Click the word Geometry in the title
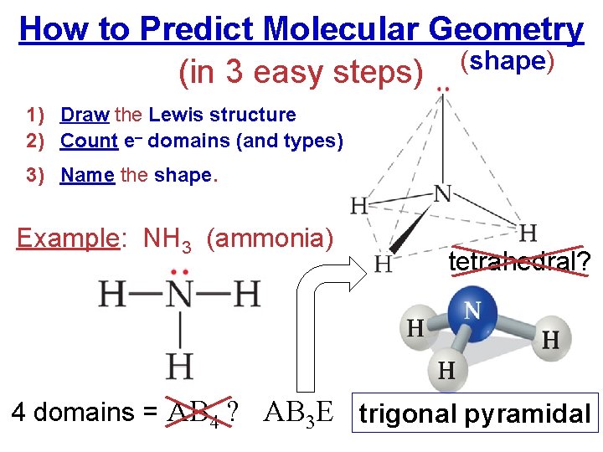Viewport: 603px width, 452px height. (x=505, y=30)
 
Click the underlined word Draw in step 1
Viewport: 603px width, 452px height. (x=84, y=116)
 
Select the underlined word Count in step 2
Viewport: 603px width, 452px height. (x=89, y=141)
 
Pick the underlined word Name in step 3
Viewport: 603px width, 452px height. (x=87, y=177)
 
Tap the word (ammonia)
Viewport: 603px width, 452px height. (x=270, y=239)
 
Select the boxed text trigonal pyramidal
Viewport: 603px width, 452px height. (x=475, y=413)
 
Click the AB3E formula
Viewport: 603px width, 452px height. (x=300, y=413)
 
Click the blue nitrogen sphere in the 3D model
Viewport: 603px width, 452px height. (x=472, y=315)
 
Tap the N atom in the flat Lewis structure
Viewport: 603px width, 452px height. (x=180, y=295)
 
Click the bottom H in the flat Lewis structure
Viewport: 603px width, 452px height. (x=180, y=366)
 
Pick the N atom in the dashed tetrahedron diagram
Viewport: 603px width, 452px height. (x=442, y=194)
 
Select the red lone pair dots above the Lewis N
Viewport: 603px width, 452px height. (x=179, y=272)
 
